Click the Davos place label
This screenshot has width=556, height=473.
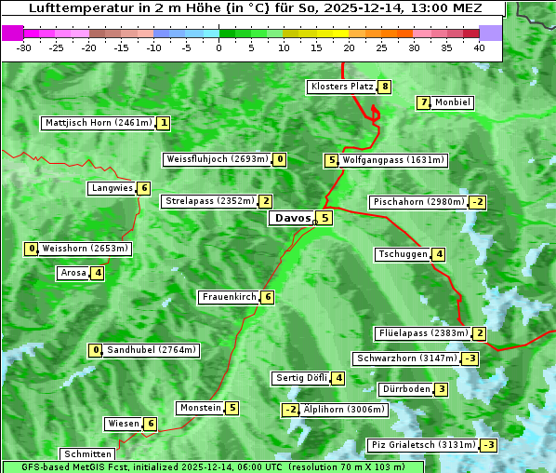coord(291,218)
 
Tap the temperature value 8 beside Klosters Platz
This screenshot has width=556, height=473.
coord(384,87)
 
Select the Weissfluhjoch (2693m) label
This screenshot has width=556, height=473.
coord(218,159)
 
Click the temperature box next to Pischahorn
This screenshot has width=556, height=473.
coord(478,202)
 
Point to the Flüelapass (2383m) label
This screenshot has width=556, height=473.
coord(421,333)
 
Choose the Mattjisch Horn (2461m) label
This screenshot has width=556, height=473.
coord(99,123)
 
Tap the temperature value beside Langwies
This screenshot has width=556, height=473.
coord(143,188)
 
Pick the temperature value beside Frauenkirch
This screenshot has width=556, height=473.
coord(267,297)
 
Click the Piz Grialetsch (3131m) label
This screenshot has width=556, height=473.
coord(422,445)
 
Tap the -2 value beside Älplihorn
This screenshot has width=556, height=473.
coord(290,410)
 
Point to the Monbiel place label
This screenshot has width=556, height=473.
coord(453,102)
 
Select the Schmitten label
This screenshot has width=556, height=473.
coord(86,454)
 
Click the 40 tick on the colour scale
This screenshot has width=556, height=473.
coord(479,47)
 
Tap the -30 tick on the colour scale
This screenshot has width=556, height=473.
coord(24,47)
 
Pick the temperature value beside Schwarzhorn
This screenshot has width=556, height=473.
coord(470,358)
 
